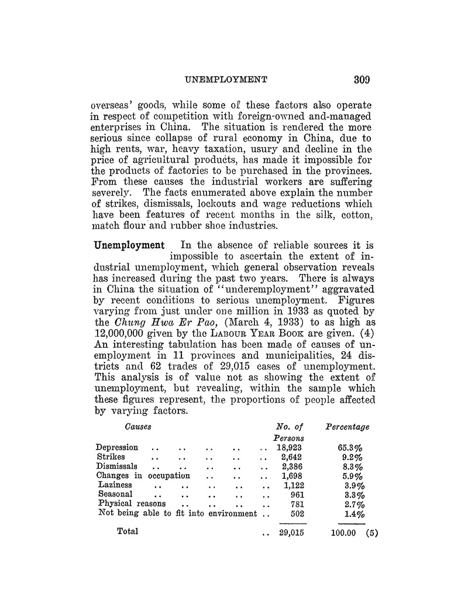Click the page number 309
tap(357, 79)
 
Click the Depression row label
tap(117, 448)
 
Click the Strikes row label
tap(111, 457)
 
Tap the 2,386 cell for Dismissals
tap(291, 466)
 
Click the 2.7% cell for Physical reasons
tap(354, 504)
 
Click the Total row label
tap(128, 532)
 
